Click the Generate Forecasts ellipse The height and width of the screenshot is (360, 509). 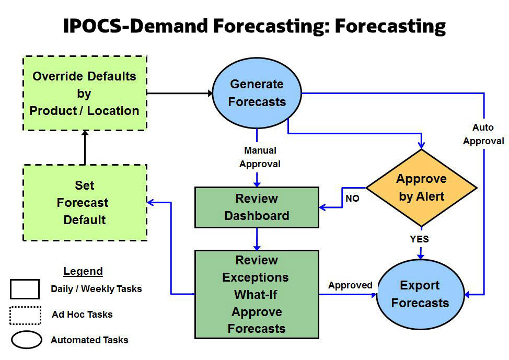point(257,93)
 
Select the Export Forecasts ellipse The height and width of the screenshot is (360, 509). point(420,294)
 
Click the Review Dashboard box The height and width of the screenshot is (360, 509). point(257,207)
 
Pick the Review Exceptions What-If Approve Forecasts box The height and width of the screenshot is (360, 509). point(257,294)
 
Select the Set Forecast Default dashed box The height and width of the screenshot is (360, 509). point(85,203)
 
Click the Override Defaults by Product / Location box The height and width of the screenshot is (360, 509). point(85,94)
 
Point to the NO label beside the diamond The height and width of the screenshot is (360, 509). point(352,199)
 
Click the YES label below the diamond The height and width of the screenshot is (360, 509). point(419,239)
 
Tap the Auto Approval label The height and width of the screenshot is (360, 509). point(483,134)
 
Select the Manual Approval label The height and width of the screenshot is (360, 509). point(260,157)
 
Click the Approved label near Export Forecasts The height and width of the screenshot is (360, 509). point(350,285)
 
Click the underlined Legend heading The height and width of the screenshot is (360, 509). point(83,271)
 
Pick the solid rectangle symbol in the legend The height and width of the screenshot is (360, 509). point(25,289)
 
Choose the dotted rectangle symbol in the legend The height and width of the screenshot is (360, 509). point(25,315)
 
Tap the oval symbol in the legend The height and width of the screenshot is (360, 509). point(26,340)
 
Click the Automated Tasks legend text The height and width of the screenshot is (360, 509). point(89,340)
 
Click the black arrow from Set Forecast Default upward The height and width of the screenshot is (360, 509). point(85,147)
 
